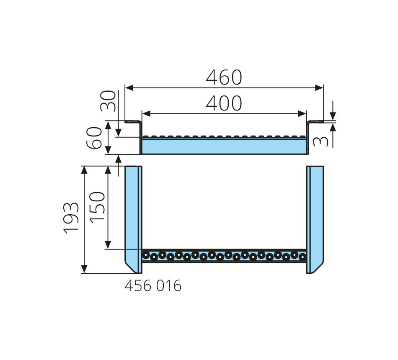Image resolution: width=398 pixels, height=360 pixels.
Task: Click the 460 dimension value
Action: tap(224, 77)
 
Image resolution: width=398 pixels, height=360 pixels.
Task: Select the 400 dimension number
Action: tap(224, 103)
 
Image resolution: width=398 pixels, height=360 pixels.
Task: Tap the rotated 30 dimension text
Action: tap(108, 101)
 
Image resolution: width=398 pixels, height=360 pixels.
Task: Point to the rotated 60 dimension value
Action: tap(94, 138)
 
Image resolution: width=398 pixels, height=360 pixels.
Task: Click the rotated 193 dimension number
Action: tap(71, 218)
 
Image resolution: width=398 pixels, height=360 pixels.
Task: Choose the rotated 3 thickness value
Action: tap(320, 141)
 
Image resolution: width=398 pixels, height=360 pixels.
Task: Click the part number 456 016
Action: tap(153, 285)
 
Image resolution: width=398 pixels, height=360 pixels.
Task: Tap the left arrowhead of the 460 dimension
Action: tap(129, 88)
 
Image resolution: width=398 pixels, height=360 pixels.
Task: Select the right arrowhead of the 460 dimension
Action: tap(319, 88)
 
